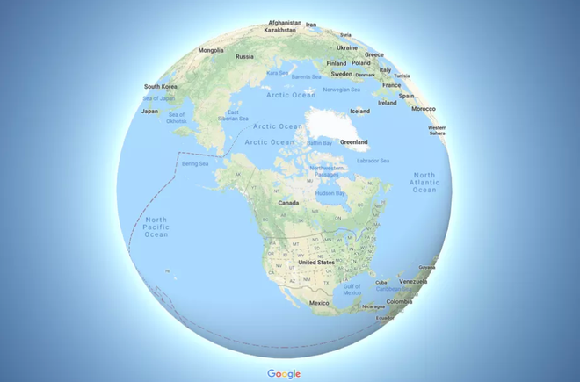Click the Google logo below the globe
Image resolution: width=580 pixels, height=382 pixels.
(x=284, y=373)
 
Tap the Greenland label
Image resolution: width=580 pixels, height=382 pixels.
(x=354, y=141)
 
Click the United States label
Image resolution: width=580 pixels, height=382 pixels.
(x=315, y=263)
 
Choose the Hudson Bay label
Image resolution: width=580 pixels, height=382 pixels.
(x=330, y=192)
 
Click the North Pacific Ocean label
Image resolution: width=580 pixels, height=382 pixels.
(x=156, y=227)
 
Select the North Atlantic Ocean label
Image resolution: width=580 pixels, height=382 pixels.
(x=424, y=183)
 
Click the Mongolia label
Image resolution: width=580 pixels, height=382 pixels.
(x=211, y=50)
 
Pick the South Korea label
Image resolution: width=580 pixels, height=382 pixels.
(x=162, y=87)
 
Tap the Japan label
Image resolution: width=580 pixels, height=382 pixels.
(x=150, y=112)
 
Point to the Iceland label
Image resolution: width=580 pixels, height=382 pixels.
(x=359, y=112)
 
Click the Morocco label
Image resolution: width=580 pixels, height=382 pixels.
(x=424, y=109)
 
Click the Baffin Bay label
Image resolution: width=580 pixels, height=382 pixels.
(x=320, y=142)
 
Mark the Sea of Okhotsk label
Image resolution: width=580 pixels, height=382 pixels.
(x=178, y=119)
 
